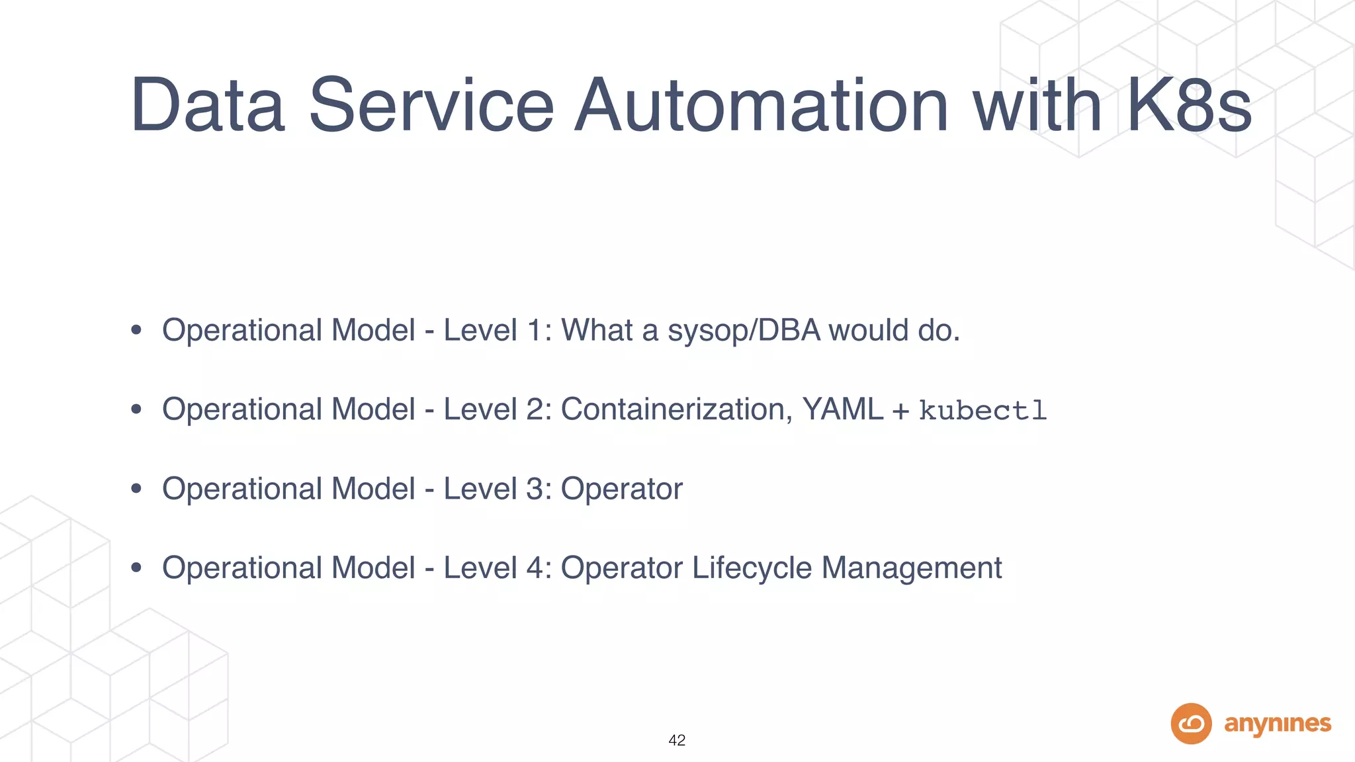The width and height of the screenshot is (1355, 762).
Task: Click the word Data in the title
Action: tap(208, 106)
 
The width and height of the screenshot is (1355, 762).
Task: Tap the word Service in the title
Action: tap(431, 106)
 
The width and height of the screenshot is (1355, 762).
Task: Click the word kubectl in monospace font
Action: tap(983, 411)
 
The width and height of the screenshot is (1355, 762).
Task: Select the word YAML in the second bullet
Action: tap(842, 409)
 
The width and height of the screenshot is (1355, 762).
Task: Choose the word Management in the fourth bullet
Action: tap(912, 568)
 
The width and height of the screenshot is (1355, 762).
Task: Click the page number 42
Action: tap(677, 740)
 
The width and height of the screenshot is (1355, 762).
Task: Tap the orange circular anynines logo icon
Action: tap(1191, 724)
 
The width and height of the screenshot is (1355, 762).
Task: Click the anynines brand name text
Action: tap(1278, 724)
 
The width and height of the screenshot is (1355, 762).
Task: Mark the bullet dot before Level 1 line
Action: tap(136, 330)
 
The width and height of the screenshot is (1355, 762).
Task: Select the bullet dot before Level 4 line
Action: tap(136, 568)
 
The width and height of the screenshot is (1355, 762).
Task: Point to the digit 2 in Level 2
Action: tap(535, 409)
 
